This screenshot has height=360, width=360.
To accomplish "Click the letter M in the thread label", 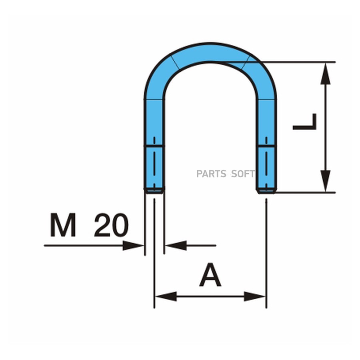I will [63, 225].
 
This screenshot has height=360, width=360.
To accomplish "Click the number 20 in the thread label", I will [111, 225].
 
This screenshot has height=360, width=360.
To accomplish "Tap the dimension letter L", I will [305, 122].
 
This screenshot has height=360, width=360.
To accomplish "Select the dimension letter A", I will [210, 276].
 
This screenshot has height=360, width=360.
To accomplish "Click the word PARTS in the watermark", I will [210, 174].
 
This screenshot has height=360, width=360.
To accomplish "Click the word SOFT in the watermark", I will [243, 174].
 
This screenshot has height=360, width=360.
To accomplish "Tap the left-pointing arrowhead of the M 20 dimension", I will [176, 246].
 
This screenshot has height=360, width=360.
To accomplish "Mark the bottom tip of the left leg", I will [154, 191].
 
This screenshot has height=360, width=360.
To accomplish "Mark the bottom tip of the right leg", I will [266, 191].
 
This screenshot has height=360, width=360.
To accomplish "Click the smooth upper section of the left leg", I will [154, 118].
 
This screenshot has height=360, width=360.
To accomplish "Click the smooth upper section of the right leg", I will [266, 118].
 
